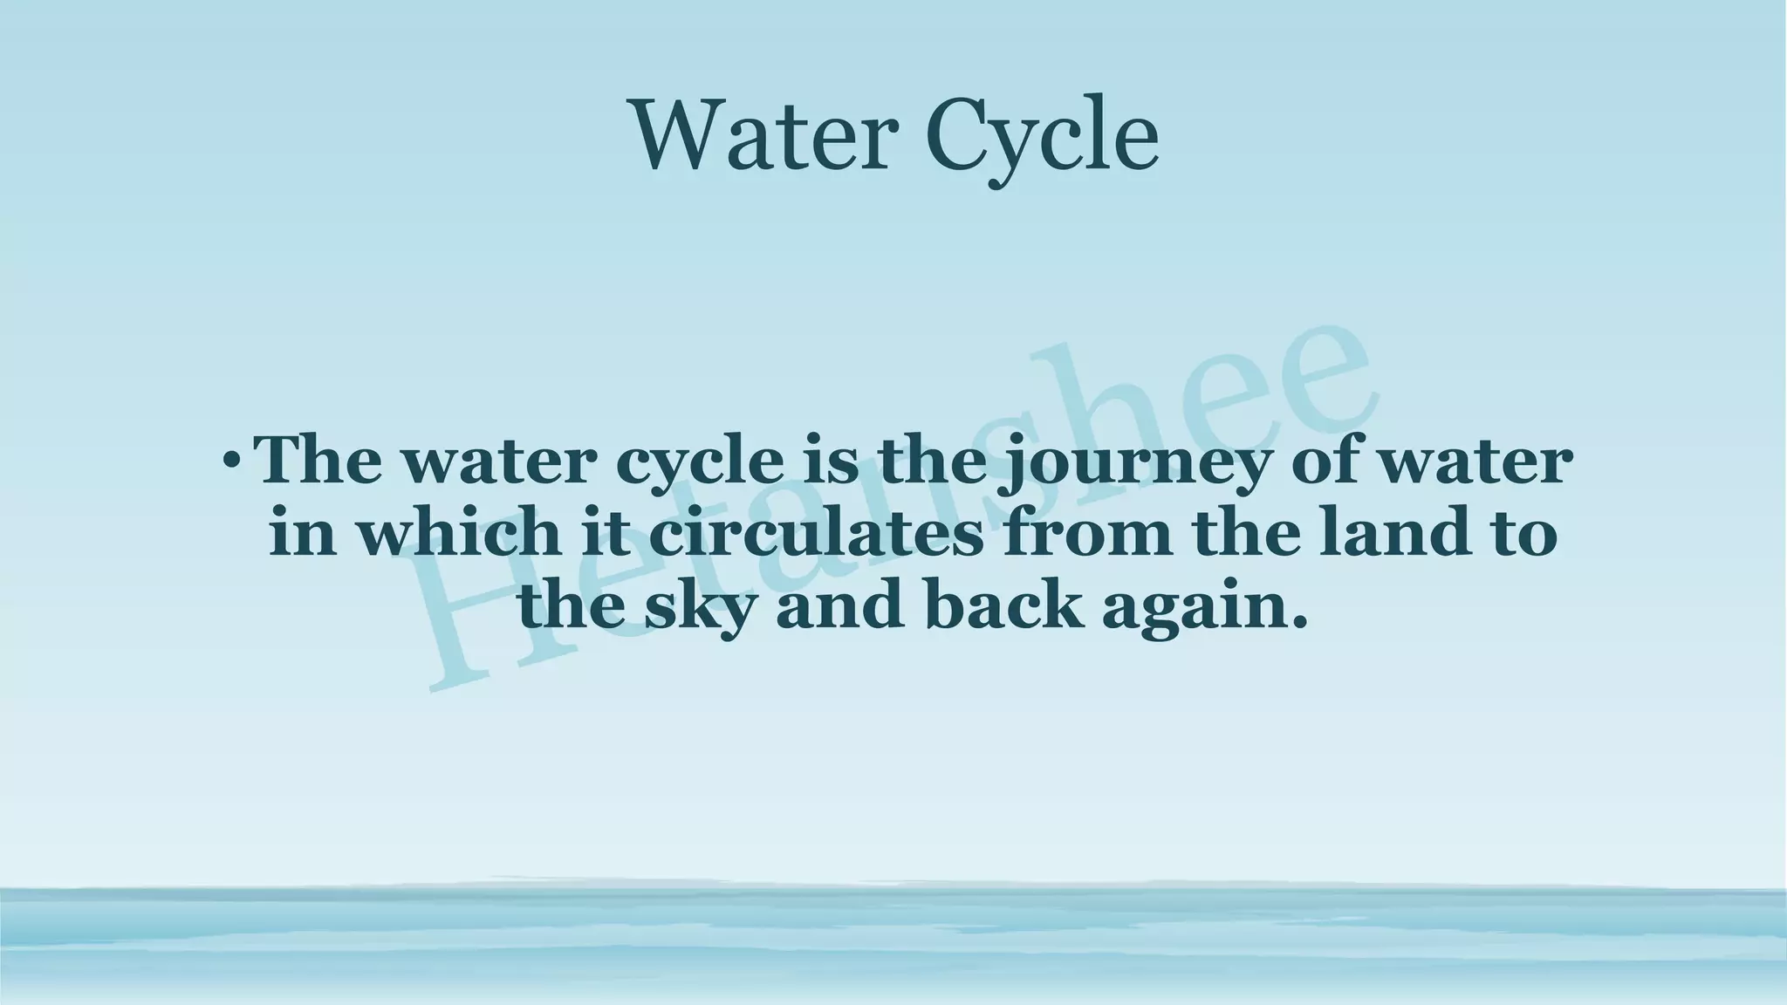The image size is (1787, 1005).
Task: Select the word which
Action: [x=459, y=532]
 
